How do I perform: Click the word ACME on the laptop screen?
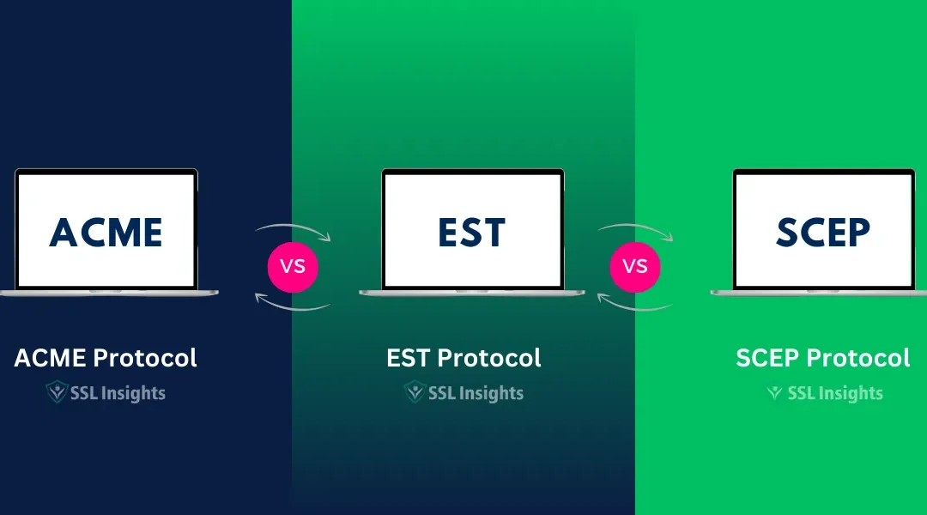pyautogui.click(x=106, y=232)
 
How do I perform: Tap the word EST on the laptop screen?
pyautogui.click(x=472, y=232)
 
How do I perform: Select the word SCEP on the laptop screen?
pyautogui.click(x=823, y=232)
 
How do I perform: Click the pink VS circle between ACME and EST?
pyautogui.click(x=293, y=266)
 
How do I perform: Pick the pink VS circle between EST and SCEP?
pyautogui.click(x=635, y=266)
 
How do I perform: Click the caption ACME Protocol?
pyautogui.click(x=106, y=357)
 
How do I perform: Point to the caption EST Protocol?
pyautogui.click(x=463, y=357)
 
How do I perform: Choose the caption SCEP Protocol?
pyautogui.click(x=822, y=357)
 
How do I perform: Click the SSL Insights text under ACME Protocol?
pyautogui.click(x=117, y=393)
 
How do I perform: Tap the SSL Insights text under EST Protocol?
pyautogui.click(x=475, y=393)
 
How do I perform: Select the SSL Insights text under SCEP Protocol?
pyautogui.click(x=834, y=393)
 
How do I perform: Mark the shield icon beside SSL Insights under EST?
pyautogui.click(x=415, y=393)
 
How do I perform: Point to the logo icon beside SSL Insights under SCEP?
pyautogui.click(x=775, y=393)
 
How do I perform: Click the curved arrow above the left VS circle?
pyautogui.click(x=293, y=230)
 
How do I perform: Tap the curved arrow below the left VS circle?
pyautogui.click(x=293, y=302)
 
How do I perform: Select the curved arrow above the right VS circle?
pyautogui.click(x=635, y=230)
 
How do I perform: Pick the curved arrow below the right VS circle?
pyautogui.click(x=635, y=302)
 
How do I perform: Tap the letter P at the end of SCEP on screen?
pyautogui.click(x=856, y=232)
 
